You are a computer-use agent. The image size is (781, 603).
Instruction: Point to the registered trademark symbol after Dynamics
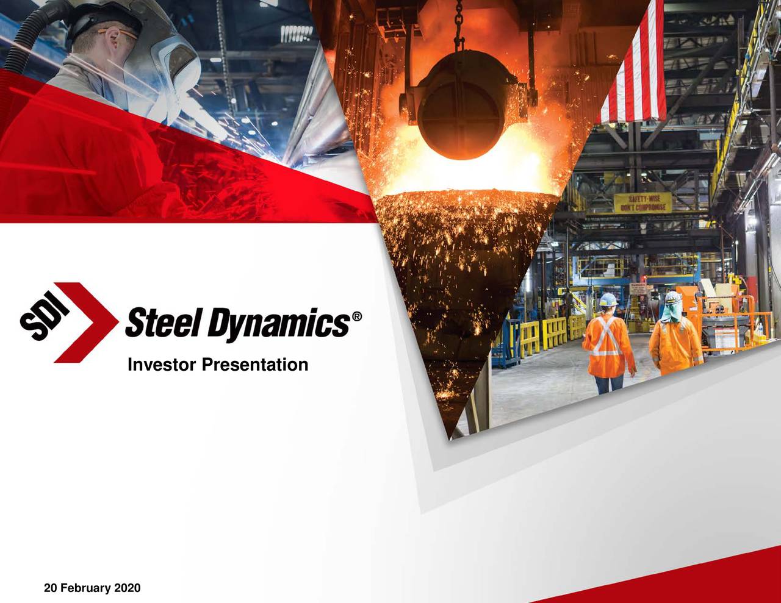coord(357,316)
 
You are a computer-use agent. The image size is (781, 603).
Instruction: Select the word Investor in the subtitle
coord(162,365)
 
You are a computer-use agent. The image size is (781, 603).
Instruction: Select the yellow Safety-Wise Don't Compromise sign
coord(642,203)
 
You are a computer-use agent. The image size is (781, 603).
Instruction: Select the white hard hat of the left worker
coord(608,299)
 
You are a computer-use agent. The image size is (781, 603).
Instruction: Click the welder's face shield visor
coord(174,70)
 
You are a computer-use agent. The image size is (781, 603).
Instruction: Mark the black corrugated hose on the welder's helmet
coord(31,30)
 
